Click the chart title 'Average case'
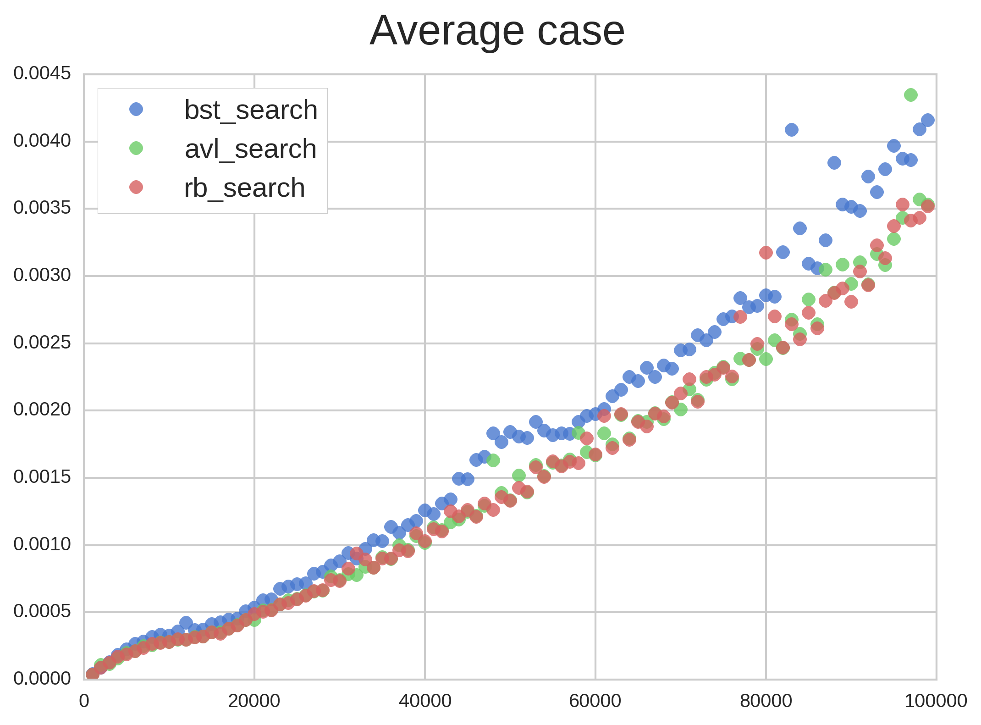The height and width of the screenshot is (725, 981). [497, 31]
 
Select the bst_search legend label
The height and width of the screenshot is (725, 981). [251, 110]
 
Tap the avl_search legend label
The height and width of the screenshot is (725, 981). [250, 149]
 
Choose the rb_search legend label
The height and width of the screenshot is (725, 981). [244, 188]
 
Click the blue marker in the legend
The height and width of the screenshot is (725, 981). [136, 109]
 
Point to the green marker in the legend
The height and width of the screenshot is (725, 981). [136, 148]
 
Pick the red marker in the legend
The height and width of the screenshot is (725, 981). [136, 187]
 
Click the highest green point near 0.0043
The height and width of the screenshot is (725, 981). [911, 95]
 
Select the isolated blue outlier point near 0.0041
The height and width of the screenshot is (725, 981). [792, 130]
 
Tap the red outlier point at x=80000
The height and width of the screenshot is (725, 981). [766, 252]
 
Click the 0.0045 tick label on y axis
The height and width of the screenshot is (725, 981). [42, 73]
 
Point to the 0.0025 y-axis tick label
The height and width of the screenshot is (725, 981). [42, 343]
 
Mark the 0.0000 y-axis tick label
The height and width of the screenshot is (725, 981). [42, 679]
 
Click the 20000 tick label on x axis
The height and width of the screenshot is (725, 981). [254, 701]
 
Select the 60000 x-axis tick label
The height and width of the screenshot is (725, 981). [595, 701]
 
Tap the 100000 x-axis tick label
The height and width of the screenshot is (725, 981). [936, 701]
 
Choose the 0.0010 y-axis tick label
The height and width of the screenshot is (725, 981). [42, 544]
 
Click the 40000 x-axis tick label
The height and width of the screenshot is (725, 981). [425, 701]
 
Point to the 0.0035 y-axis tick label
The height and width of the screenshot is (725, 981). [42, 208]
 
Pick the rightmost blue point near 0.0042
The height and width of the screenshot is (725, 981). [928, 120]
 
